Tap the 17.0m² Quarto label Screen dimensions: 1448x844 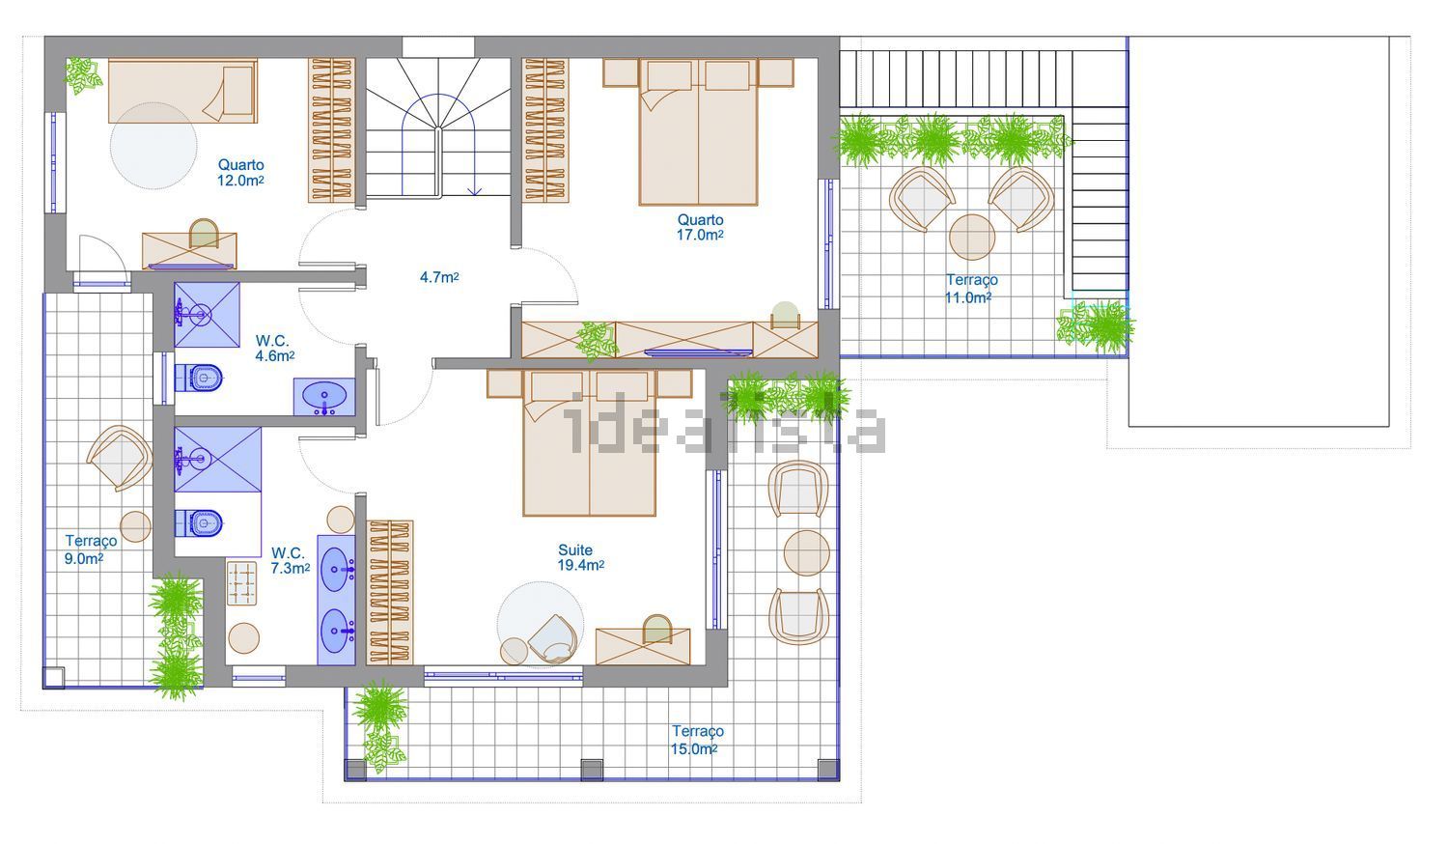click(700, 228)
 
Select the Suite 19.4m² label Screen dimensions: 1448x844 click(581, 557)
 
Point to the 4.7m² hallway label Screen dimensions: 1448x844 click(439, 277)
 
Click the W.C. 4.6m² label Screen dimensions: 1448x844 click(275, 348)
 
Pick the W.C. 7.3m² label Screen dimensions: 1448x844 click(291, 561)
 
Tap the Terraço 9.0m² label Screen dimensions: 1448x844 click(91, 549)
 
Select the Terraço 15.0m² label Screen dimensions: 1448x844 click(696, 740)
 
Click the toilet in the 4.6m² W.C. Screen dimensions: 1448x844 click(199, 377)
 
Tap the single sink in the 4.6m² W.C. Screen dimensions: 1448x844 click(324, 397)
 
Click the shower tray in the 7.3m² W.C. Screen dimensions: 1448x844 click(218, 460)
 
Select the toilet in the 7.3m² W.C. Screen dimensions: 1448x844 click(199, 522)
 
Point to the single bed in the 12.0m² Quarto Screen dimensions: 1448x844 click(183, 91)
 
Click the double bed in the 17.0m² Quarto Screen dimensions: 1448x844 click(698, 132)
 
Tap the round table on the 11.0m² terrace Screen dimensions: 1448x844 click(971, 238)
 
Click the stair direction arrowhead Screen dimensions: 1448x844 click(475, 191)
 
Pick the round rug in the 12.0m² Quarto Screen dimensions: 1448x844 click(153, 146)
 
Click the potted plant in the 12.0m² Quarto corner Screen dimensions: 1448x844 click(83, 75)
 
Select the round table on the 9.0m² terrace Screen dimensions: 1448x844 click(135, 526)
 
